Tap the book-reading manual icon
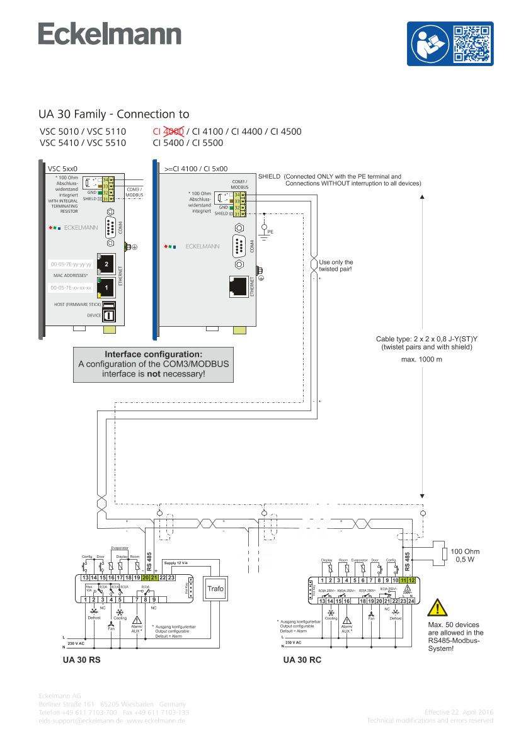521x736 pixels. pyautogui.click(x=431, y=43)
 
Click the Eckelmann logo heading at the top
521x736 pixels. pyautogui.click(x=110, y=35)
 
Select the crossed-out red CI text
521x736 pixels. pyautogui.click(x=168, y=132)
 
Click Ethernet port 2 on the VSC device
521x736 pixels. pyautogui.click(x=106, y=264)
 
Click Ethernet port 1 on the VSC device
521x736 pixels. pyautogui.click(x=106, y=287)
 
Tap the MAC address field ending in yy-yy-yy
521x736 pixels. pyautogui.click(x=71, y=264)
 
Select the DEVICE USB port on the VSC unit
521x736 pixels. pyautogui.click(x=108, y=315)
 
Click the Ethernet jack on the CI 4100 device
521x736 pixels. pyautogui.click(x=239, y=286)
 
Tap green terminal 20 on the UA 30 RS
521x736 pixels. pyautogui.click(x=146, y=577)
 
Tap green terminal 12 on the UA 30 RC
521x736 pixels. pyautogui.click(x=411, y=580)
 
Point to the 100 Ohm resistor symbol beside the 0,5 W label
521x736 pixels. pyautogui.click(x=445, y=553)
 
